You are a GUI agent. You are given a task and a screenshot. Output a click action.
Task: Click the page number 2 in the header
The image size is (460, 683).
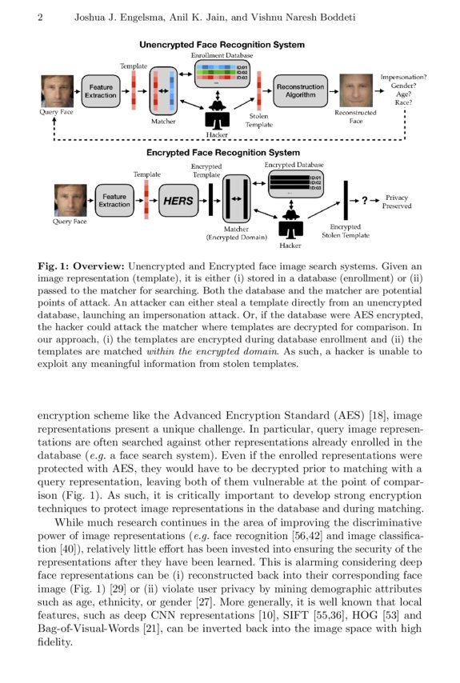pos(40,18)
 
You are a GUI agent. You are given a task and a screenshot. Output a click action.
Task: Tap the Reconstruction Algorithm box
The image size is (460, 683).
pos(300,90)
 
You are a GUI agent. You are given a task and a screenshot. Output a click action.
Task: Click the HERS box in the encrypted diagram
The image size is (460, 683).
pos(178,201)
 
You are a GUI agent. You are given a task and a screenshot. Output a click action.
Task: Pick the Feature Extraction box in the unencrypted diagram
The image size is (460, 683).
pos(101,90)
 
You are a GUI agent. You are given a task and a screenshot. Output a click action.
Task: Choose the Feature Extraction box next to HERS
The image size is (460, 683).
pos(114,201)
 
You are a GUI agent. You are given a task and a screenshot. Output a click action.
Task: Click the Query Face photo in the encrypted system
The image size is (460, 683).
pos(70,200)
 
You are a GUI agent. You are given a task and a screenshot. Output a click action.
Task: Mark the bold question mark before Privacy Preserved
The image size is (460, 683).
pos(365,200)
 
